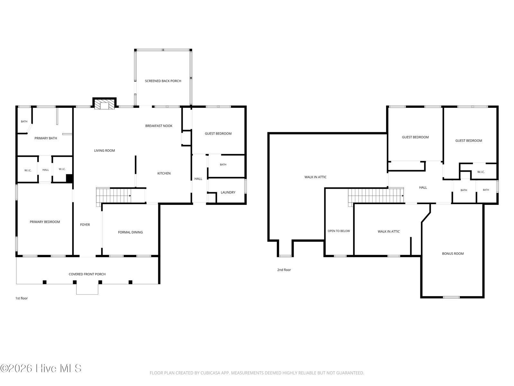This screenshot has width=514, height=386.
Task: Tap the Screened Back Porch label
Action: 163,81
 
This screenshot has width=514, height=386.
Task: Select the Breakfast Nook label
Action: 159,126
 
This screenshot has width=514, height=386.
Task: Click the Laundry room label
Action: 228,192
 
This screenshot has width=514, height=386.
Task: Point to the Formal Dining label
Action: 130,232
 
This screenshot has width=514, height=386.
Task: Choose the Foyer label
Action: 85,225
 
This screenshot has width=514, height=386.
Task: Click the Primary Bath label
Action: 46,138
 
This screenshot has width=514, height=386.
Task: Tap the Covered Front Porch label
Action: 87,274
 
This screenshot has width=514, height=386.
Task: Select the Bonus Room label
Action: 453,253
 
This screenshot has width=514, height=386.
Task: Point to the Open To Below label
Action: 339,231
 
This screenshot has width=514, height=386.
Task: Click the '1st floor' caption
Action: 22,299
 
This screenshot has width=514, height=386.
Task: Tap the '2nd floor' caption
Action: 284,270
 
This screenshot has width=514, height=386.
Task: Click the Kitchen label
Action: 164,173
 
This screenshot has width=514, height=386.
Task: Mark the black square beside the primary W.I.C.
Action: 69,178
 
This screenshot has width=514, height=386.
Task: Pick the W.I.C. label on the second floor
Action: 481,172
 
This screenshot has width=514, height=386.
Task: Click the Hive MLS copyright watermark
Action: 41,368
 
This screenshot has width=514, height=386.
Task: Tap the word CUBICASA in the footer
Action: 210,373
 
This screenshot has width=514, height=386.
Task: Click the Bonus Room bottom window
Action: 451,298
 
